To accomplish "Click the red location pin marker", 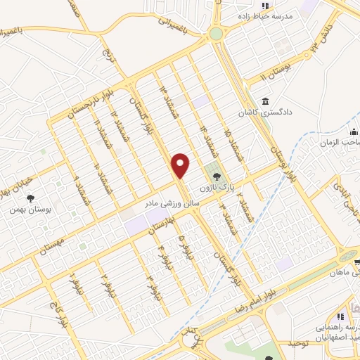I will click(181, 165).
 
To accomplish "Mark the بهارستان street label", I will click(163, 226).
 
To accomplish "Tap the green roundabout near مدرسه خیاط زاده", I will click(215, 32).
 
